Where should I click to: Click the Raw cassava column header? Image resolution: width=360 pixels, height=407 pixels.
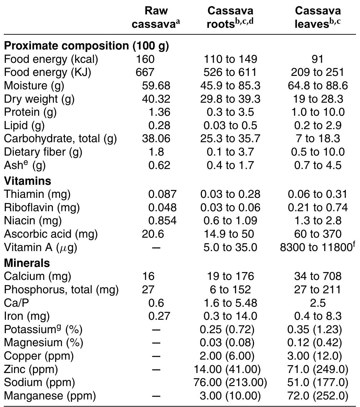click(x=156, y=17)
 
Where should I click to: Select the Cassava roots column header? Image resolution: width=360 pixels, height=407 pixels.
click(x=230, y=17)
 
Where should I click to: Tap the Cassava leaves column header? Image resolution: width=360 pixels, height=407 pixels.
click(x=318, y=17)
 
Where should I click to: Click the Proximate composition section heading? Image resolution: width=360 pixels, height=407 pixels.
click(x=86, y=46)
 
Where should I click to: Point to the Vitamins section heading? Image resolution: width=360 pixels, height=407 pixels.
click(x=27, y=181)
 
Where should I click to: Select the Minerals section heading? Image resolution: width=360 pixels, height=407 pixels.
click(x=27, y=263)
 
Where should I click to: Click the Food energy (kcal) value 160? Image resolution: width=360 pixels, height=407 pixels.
click(x=145, y=59)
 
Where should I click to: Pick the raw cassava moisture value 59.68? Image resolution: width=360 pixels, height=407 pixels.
click(x=156, y=86)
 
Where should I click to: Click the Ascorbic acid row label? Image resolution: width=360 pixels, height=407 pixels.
click(x=51, y=234)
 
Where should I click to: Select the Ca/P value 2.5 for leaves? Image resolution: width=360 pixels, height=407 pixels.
click(x=318, y=303)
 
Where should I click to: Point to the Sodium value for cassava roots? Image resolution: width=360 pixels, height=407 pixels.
click(x=230, y=382)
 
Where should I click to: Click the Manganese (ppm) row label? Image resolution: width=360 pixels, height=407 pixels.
click(x=50, y=396)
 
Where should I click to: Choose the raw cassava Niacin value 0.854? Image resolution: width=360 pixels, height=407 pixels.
click(x=162, y=221)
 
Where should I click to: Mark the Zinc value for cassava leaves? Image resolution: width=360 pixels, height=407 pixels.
click(x=318, y=369)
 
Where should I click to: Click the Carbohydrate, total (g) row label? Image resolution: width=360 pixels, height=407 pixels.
click(x=60, y=138)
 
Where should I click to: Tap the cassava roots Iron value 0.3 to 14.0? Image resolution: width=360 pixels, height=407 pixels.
click(x=230, y=316)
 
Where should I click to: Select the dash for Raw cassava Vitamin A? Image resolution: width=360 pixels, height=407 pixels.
click(x=156, y=248)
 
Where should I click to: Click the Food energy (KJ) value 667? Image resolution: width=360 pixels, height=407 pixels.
click(x=145, y=72)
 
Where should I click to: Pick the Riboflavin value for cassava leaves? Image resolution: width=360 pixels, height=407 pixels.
click(x=318, y=207)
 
